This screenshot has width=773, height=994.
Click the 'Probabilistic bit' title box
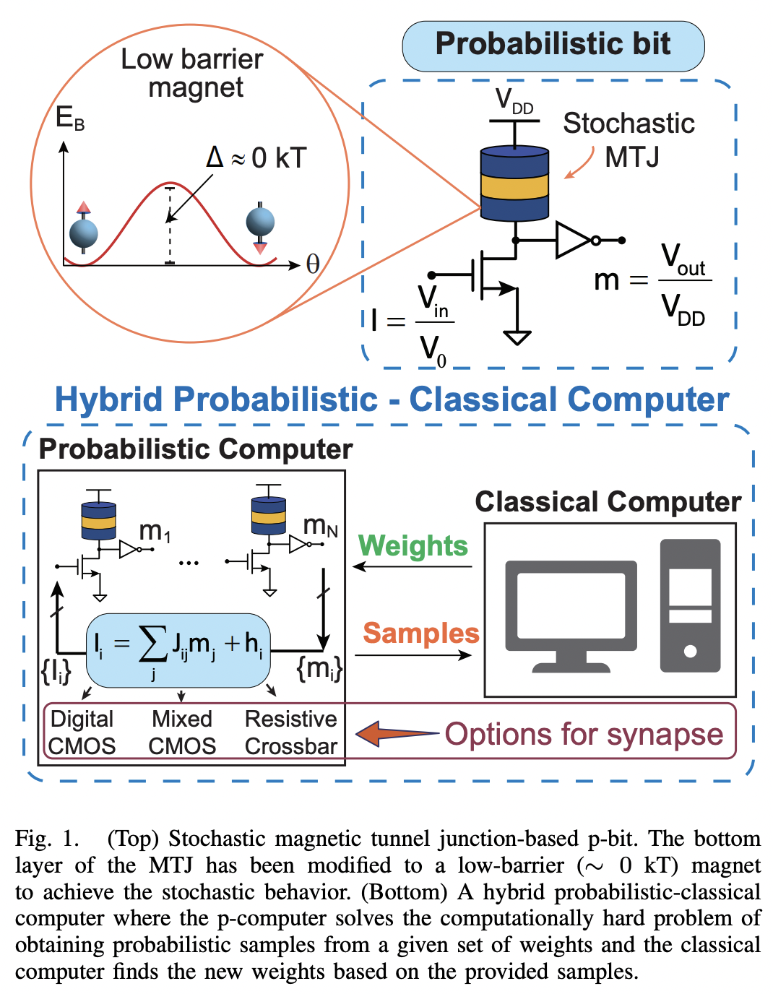pyautogui.click(x=553, y=45)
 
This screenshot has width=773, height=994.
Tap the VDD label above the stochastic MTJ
pyautogui.click(x=514, y=102)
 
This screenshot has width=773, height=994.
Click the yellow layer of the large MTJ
pyautogui.click(x=514, y=186)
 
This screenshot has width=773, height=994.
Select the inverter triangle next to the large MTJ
pyautogui.click(x=573, y=241)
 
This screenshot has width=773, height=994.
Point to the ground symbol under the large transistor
pyautogui.click(x=517, y=337)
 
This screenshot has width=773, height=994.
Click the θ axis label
pyautogui.click(x=312, y=264)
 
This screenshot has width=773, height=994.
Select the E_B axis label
pyautogui.click(x=70, y=118)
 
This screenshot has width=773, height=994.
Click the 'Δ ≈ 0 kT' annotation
pyautogui.click(x=256, y=157)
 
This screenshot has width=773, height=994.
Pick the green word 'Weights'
pyautogui.click(x=413, y=545)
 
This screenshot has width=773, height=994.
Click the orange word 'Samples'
pyautogui.click(x=420, y=633)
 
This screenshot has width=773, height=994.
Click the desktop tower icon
pyautogui.click(x=690, y=605)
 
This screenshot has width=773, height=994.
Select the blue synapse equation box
pyautogui.click(x=178, y=649)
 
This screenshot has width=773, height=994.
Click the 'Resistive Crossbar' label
pyautogui.click(x=290, y=732)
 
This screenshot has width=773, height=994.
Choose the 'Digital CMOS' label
pyautogui.click(x=82, y=732)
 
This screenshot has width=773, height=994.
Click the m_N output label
pyautogui.click(x=320, y=527)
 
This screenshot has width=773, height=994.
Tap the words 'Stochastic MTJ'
pyautogui.click(x=629, y=139)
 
